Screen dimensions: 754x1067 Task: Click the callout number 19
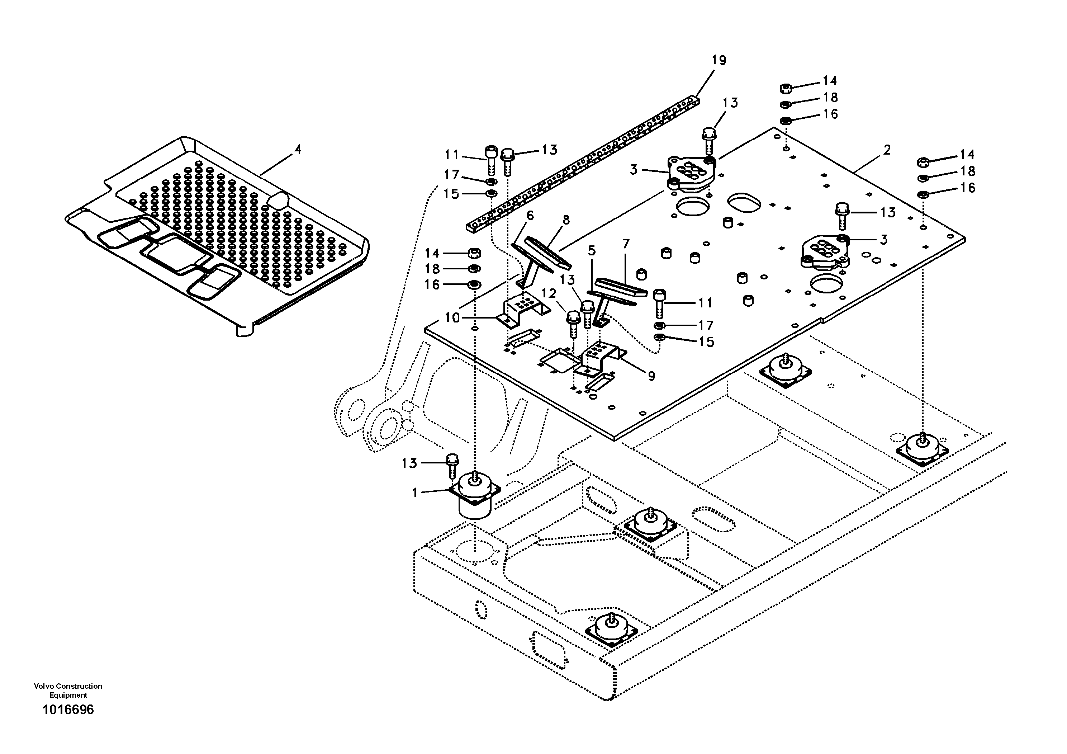click(719, 60)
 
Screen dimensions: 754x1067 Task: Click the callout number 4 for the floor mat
click(298, 150)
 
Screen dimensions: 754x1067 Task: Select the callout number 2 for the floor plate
click(887, 150)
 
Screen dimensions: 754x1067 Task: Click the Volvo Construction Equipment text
click(68, 690)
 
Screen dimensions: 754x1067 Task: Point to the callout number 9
click(651, 376)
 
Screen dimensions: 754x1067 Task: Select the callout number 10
click(452, 318)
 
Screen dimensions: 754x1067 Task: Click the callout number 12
click(549, 293)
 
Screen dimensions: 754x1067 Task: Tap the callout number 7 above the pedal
click(626, 244)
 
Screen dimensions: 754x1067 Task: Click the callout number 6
click(530, 216)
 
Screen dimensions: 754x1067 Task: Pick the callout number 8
click(566, 220)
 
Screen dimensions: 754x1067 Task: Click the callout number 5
click(591, 251)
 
